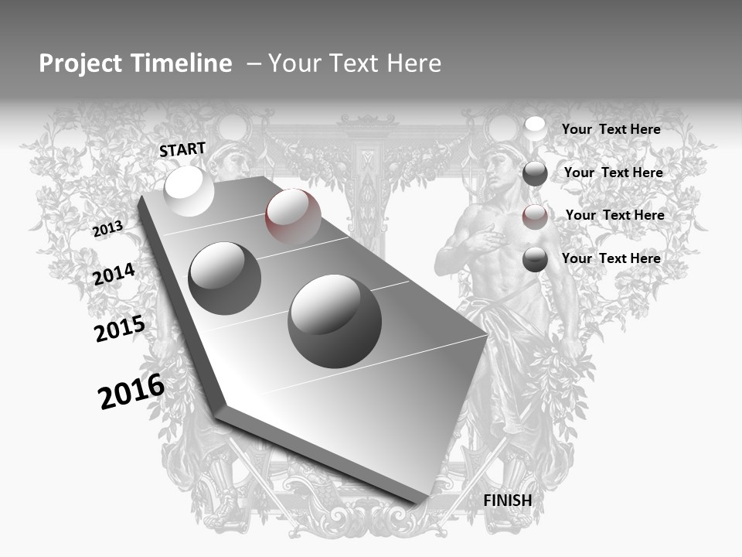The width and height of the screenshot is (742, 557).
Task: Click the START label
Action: pos(182,149)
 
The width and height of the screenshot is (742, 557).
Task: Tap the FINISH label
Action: pos(508,501)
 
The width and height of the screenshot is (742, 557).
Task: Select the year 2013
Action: pos(107,228)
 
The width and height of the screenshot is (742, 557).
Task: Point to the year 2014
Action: pos(114,275)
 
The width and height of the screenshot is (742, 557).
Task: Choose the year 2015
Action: pos(120,329)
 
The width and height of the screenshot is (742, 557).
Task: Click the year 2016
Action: pos(131,391)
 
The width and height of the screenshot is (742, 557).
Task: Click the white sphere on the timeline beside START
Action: pos(189,191)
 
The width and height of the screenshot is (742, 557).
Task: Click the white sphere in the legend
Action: pos(535,129)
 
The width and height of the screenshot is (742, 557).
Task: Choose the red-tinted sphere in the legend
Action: pos(535,216)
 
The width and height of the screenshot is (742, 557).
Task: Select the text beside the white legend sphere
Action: pos(611,129)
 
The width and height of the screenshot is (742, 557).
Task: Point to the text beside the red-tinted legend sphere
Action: pos(614,215)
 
